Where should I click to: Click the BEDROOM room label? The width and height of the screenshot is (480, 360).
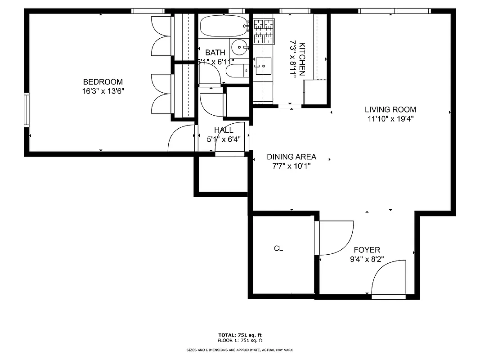(103, 82)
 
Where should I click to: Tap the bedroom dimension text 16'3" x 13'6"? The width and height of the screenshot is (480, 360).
(103, 91)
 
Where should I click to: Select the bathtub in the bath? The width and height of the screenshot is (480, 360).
(224, 26)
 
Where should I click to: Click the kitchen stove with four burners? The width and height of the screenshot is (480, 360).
(264, 31)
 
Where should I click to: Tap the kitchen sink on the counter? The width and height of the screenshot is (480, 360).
(263, 66)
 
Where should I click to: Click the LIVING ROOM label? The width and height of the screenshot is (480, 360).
(390, 109)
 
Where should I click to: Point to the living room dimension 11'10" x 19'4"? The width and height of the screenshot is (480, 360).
(390, 119)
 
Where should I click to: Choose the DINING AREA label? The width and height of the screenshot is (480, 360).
(291, 157)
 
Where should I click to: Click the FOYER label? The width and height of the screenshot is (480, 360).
(367, 250)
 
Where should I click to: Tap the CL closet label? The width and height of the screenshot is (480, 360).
(278, 248)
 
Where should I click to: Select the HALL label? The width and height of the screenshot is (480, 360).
(224, 130)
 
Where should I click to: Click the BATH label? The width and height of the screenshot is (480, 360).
(215, 53)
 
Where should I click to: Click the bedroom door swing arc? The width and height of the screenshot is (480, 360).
(180, 137)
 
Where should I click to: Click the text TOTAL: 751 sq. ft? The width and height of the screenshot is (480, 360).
(240, 335)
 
